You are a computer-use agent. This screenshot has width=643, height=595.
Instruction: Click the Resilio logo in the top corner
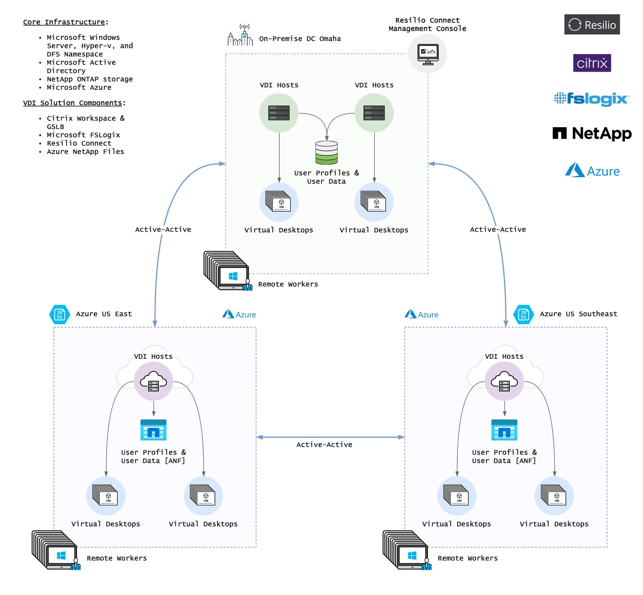pyautogui.click(x=592, y=24)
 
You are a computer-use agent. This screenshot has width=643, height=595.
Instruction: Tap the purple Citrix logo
pyautogui.click(x=592, y=63)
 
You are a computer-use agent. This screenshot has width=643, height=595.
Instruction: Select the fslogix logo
pyautogui.click(x=592, y=99)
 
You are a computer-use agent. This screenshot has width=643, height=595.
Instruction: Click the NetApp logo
pyautogui.click(x=592, y=133)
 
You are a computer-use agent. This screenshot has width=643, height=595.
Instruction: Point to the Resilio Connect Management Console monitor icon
pyautogui.click(x=427, y=54)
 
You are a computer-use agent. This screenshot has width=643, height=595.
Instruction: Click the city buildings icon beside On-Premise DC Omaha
pyautogui.click(x=240, y=35)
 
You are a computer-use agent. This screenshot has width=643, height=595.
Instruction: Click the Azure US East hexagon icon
pyautogui.click(x=59, y=314)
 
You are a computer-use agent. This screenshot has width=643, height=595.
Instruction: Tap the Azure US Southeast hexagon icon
pyautogui.click(x=523, y=314)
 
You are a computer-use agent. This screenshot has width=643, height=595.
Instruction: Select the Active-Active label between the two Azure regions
pyautogui.click(x=324, y=445)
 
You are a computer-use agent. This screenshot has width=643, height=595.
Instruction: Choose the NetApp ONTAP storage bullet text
pyautogui.click(x=90, y=79)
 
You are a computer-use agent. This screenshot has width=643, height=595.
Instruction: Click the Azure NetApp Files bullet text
pyautogui.click(x=85, y=151)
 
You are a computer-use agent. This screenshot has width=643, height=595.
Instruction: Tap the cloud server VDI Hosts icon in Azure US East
pyautogui.click(x=153, y=381)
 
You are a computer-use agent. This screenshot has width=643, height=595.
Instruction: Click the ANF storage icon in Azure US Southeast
pyautogui.click(x=504, y=429)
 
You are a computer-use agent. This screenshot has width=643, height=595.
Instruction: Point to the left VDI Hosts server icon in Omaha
pyautogui.click(x=279, y=113)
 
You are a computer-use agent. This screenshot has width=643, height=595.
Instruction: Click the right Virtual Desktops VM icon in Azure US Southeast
pyautogui.click(x=554, y=495)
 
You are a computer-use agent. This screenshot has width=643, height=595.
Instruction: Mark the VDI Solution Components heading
pyautogui.click(x=73, y=103)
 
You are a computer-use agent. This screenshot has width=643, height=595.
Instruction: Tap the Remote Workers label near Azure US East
pyautogui.click(x=117, y=558)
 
